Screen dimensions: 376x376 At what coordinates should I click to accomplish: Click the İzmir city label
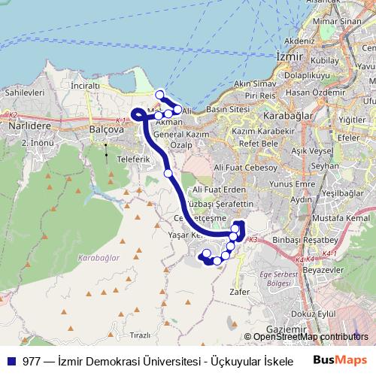click(289, 56)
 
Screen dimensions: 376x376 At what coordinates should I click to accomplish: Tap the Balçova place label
click(105, 129)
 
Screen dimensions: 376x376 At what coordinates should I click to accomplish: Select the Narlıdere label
click(23, 128)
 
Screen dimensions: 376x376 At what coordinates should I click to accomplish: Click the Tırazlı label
click(140, 334)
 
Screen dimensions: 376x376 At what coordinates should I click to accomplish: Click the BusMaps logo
click(341, 360)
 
